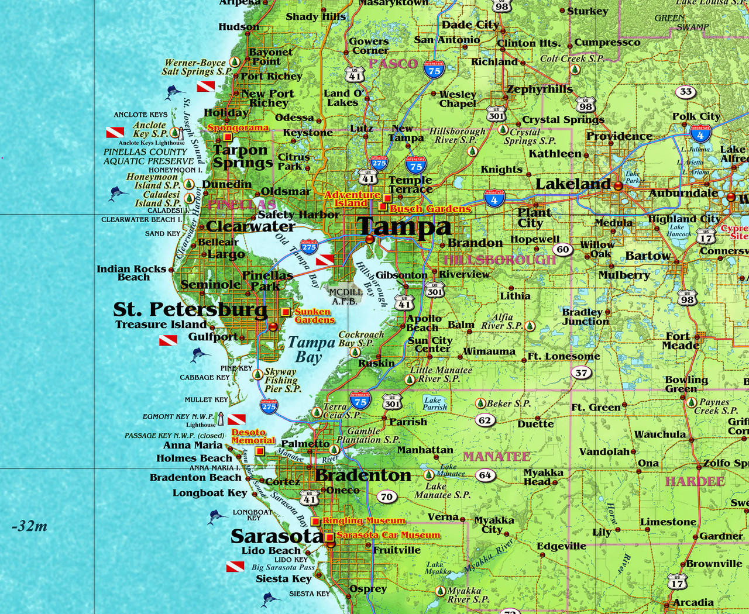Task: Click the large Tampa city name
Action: tap(404, 226)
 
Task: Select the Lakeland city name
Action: tap(573, 184)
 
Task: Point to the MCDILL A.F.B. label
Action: tap(345, 296)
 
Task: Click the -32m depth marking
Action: tap(29, 526)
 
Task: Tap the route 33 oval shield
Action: tap(686, 92)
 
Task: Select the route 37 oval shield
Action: tap(581, 372)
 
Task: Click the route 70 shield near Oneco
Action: tap(386, 497)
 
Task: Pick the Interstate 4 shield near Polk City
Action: tap(700, 133)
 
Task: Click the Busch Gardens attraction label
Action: tap(430, 209)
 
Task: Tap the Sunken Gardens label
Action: tap(314, 316)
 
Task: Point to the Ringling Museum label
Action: tap(363, 520)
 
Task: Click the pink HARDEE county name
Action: tap(695, 481)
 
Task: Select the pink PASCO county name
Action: tap(393, 64)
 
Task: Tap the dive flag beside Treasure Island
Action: tap(168, 340)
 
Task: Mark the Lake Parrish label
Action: tap(435, 403)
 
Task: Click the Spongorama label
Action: tap(238, 127)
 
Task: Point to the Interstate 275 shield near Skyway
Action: tap(269, 406)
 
